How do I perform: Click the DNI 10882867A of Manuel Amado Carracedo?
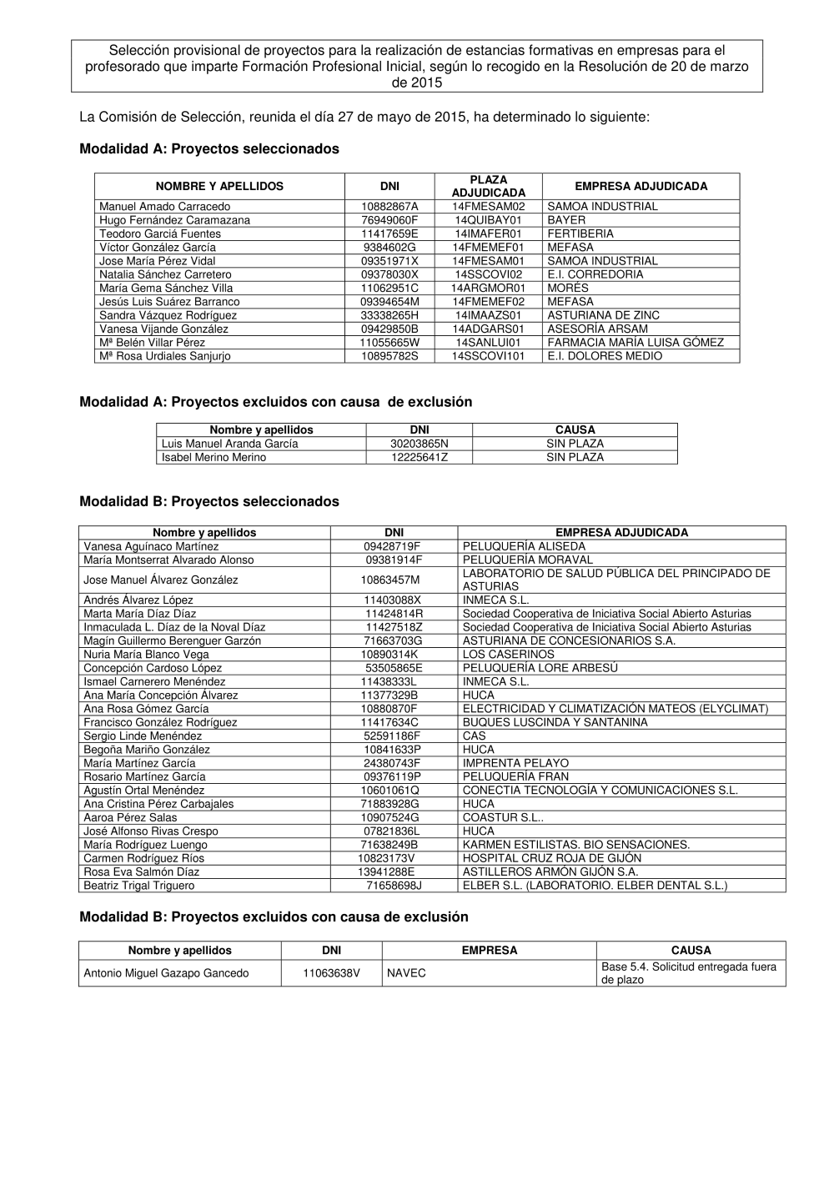tap(389, 207)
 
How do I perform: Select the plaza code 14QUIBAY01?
tap(488, 220)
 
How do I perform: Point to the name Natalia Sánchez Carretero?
tap(165, 274)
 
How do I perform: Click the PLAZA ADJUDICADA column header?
tap(488, 186)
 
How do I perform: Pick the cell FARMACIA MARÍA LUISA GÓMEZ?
tap(636, 343)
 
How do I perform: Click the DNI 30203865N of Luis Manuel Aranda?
tap(419, 444)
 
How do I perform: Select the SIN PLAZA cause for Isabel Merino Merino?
tap(575, 458)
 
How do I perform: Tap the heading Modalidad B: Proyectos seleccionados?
tap(209, 502)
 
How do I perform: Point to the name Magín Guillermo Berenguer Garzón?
tap(172, 641)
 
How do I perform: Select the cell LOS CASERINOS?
tap(508, 655)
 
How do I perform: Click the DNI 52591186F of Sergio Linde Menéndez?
tap(392, 736)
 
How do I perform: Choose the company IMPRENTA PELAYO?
tap(515, 763)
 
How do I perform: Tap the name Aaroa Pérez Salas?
tap(130, 818)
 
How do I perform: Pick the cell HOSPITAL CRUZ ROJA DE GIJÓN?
tap(552, 858)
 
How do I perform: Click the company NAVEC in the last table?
tap(406, 973)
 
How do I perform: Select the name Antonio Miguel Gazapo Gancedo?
tap(166, 973)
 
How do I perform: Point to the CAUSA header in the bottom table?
tap(691, 951)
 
